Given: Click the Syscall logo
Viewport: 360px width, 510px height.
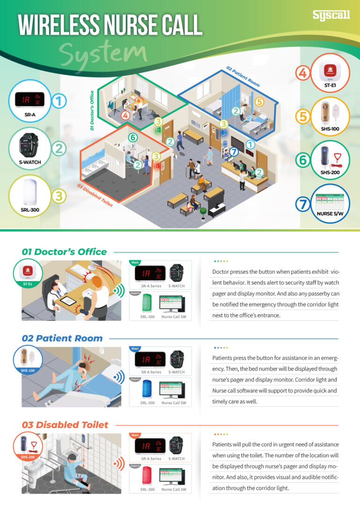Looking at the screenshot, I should pyautogui.click(x=331, y=15).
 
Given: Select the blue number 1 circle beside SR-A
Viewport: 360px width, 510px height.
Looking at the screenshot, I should pyautogui.click(x=59, y=100).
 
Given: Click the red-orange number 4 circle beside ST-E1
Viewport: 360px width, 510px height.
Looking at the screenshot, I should pyautogui.click(x=302, y=73).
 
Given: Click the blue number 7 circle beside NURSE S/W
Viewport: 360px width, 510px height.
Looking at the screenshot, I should pyautogui.click(x=303, y=204).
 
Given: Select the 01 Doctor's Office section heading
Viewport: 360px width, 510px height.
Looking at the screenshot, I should pyautogui.click(x=64, y=251).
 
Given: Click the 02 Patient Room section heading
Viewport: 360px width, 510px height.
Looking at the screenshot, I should pyautogui.click(x=62, y=338).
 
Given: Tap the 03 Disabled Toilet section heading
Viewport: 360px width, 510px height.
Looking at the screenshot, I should pyautogui.click(x=65, y=425).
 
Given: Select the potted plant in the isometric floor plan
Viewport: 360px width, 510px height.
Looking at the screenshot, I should pyautogui.click(x=202, y=213).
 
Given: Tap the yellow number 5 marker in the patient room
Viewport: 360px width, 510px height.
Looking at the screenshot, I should pyautogui.click(x=259, y=101).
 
